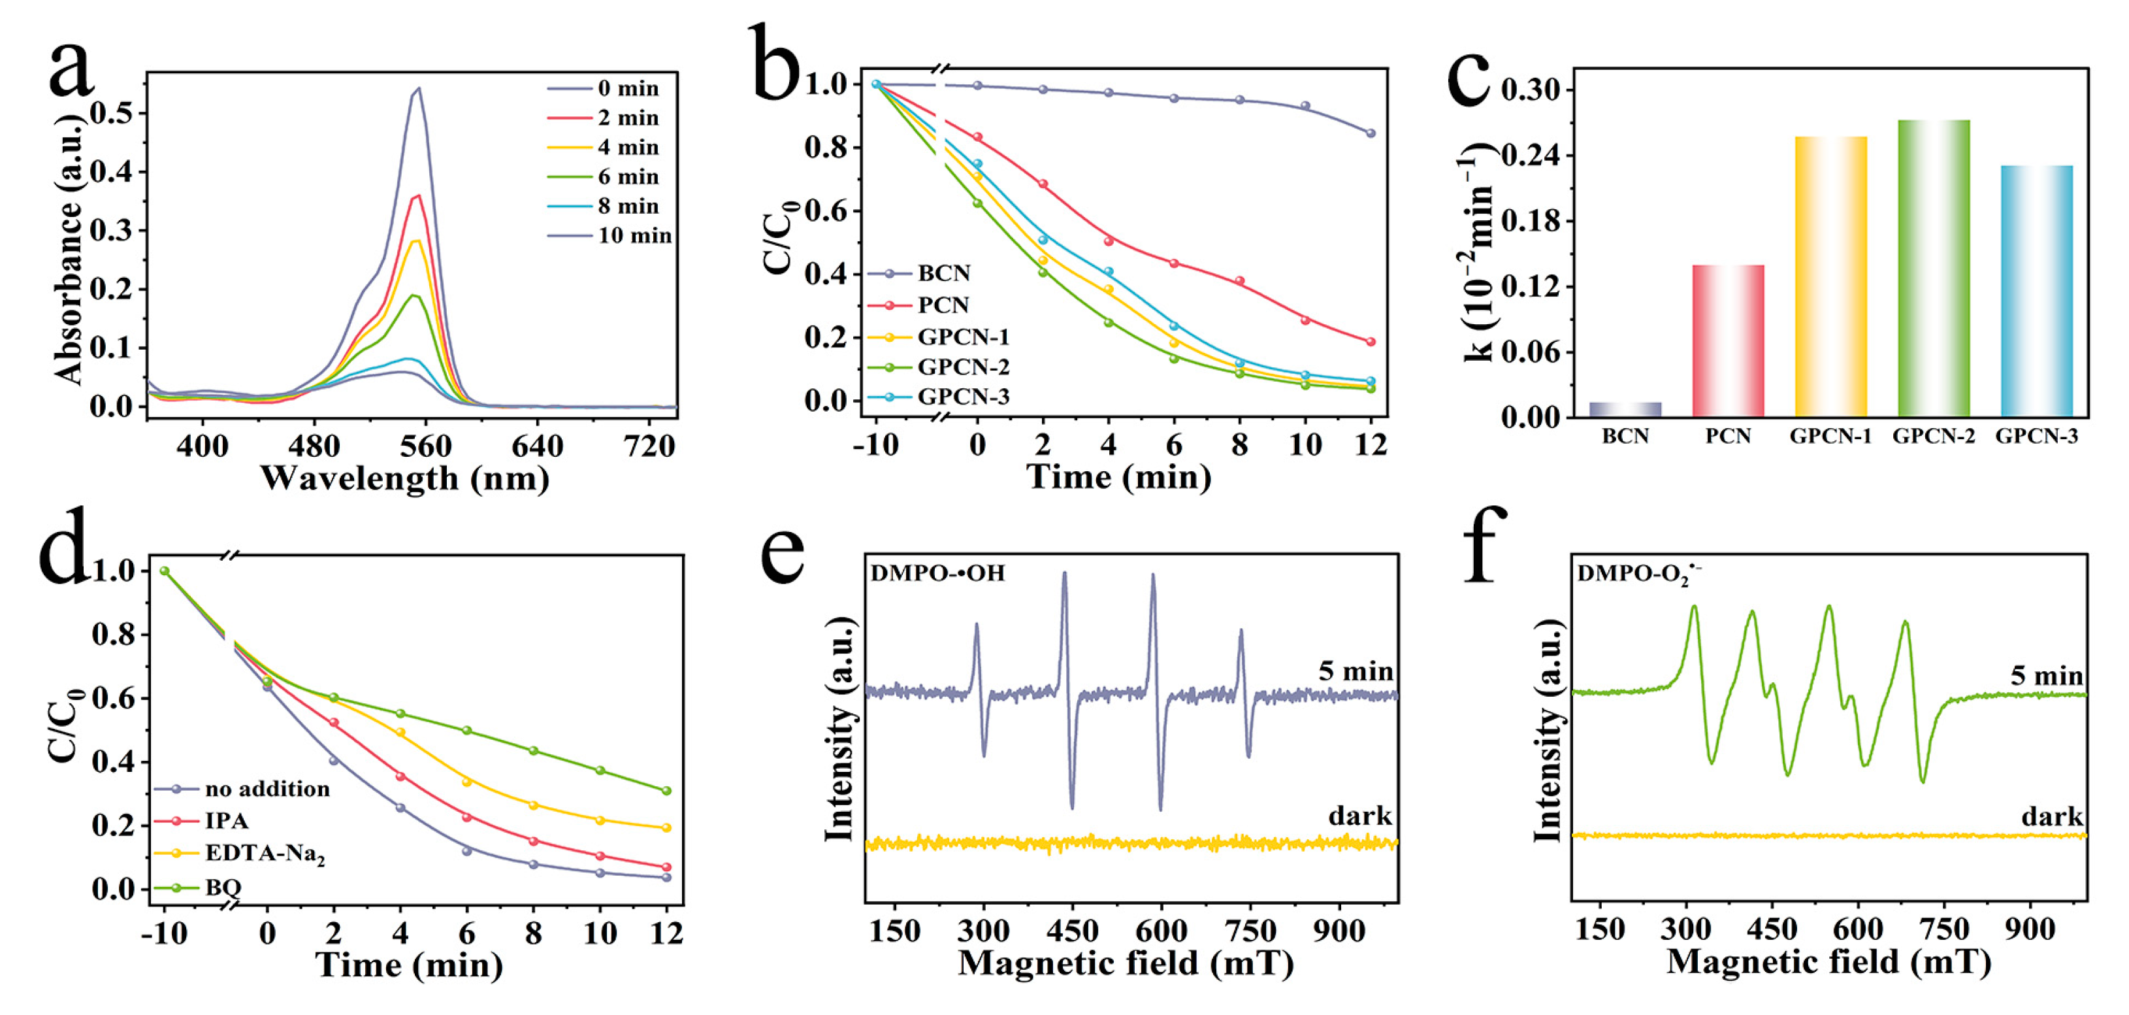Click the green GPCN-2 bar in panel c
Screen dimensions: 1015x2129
tap(1933, 269)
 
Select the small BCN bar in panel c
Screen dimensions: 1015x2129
tap(1625, 409)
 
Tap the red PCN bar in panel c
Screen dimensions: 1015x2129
tap(1728, 341)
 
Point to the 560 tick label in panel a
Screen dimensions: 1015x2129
tap(426, 446)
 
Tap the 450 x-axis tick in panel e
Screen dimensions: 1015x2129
tap(1072, 931)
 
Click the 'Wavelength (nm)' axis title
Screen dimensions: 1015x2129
tap(405, 478)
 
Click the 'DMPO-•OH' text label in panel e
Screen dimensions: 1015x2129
tap(937, 573)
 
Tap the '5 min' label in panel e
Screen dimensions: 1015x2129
tap(1356, 671)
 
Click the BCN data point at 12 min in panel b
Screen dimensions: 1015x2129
tap(1371, 133)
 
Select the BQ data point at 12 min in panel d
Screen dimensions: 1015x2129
tap(666, 791)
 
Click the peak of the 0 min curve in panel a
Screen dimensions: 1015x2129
tap(419, 88)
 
